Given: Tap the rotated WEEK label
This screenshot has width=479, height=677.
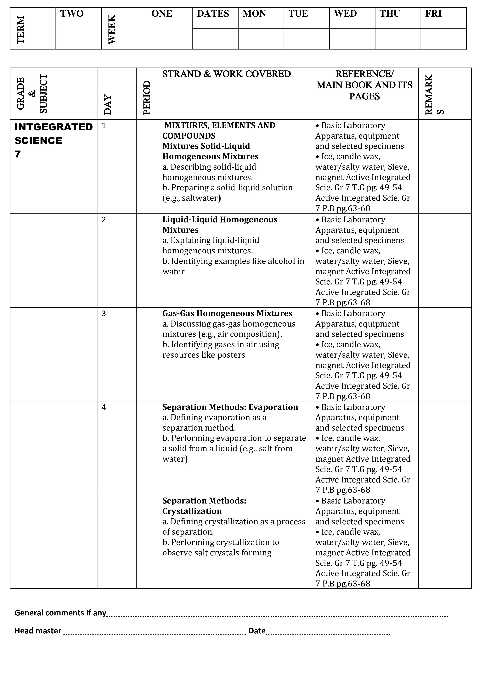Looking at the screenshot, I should [112, 30].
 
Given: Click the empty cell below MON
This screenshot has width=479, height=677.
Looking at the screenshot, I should [261, 39].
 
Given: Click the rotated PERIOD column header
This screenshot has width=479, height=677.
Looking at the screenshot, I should [147, 98].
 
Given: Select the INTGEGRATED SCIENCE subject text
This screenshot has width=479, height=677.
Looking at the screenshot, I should [54, 134].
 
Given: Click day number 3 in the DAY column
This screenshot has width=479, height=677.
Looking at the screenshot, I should [104, 313].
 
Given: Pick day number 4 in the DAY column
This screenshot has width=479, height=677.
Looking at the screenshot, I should [104, 407].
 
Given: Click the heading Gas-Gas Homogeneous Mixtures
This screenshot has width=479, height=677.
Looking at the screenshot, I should [227, 313].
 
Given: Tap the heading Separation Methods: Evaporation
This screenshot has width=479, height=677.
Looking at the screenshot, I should [230, 407].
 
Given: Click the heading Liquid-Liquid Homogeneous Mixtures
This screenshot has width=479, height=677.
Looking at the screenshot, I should [220, 225].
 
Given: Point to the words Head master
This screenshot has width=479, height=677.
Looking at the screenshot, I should [38, 631].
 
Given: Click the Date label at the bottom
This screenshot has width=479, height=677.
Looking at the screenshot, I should [257, 631].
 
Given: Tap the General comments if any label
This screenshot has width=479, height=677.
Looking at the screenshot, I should [60, 613].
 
